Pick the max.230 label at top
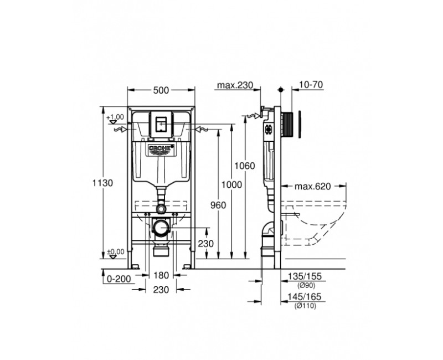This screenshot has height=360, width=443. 235,85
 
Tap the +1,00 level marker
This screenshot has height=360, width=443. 115,117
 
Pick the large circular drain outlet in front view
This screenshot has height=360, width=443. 161,227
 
